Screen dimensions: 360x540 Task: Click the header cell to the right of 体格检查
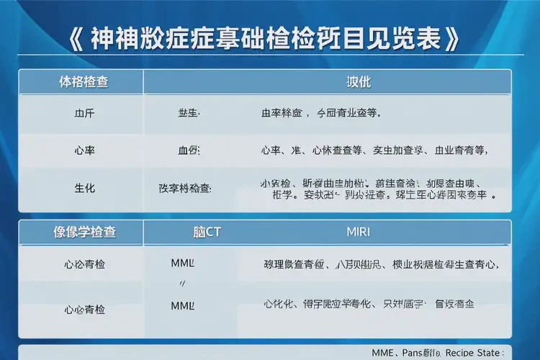point(359,82)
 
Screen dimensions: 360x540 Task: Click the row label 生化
point(84,188)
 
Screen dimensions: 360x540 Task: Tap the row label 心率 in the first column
point(84,150)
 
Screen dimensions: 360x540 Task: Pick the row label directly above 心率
point(84,114)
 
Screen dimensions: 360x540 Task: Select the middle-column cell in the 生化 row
point(185,188)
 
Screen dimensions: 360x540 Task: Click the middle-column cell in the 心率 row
point(189,150)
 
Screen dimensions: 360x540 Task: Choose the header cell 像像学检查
point(85,233)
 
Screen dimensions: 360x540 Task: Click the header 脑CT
point(207,233)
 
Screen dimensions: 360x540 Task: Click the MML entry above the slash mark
point(183,264)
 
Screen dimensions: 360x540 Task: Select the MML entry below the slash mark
point(183,305)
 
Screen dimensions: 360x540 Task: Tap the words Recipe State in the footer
point(474,353)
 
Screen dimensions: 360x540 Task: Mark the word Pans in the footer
point(413,353)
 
